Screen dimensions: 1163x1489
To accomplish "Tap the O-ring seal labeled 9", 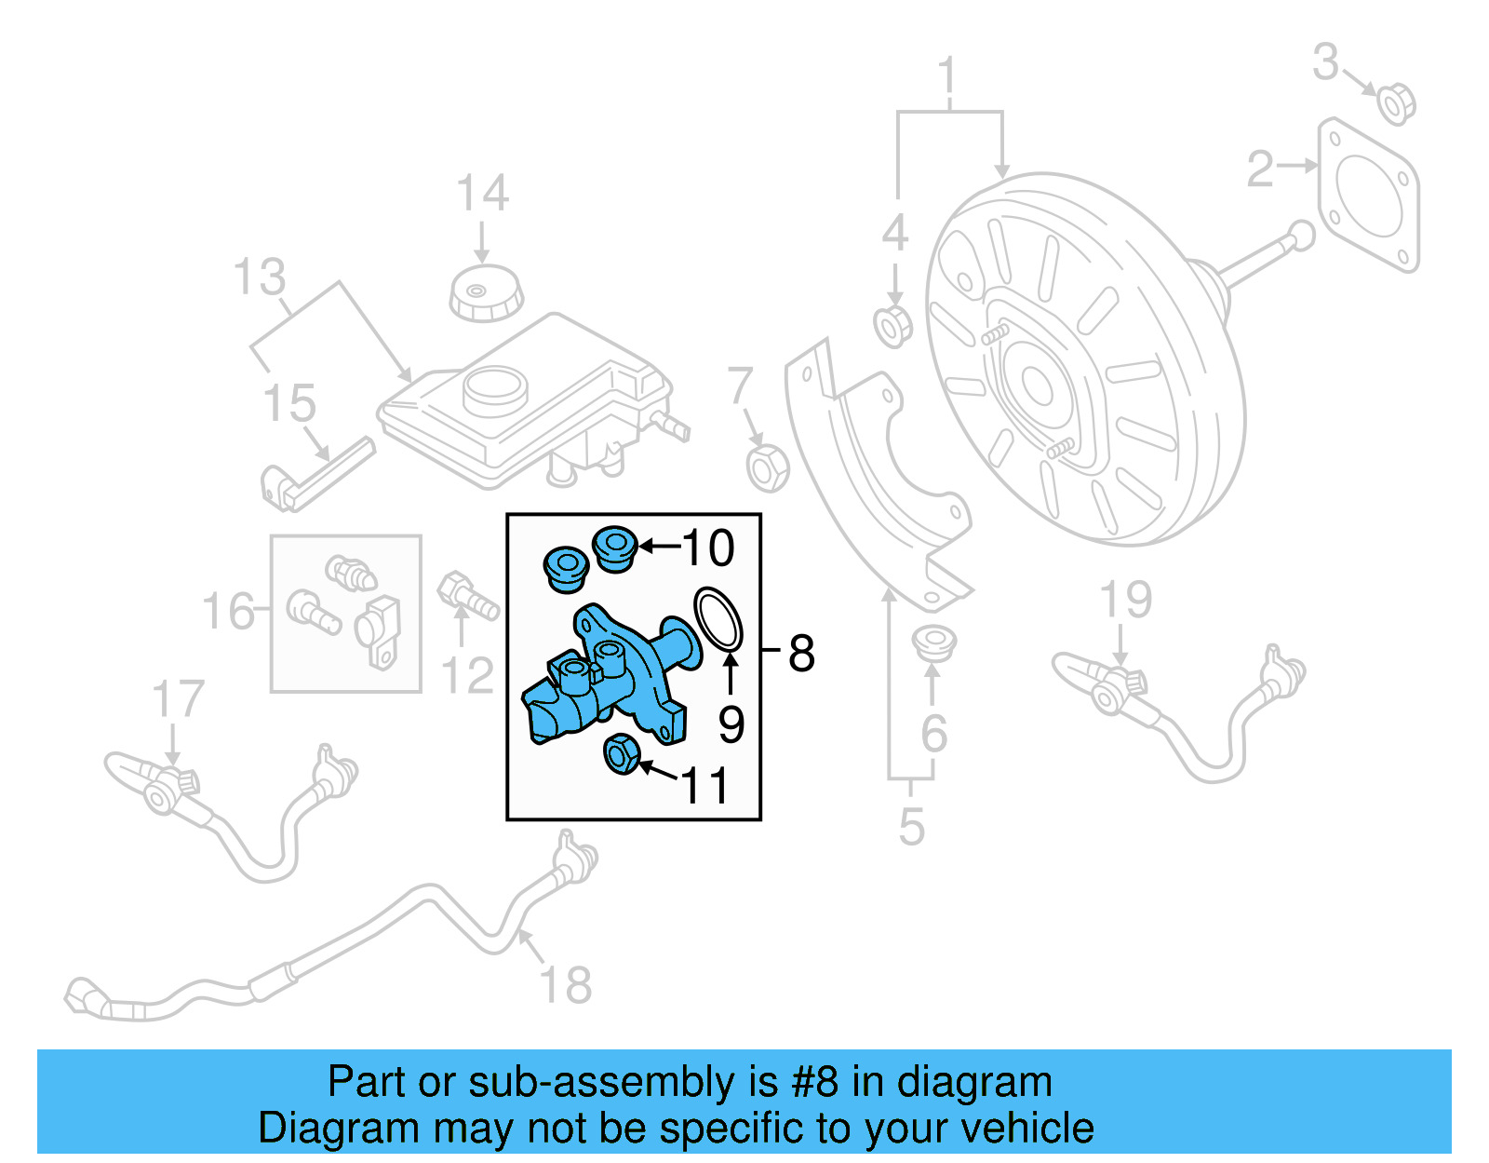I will coord(718,617).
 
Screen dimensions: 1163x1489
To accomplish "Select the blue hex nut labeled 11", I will coord(621,753).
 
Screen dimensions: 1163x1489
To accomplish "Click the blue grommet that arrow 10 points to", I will coord(614,548).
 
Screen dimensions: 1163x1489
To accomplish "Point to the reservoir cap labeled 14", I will coord(486,292).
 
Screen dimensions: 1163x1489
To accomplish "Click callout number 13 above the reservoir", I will coord(260,277).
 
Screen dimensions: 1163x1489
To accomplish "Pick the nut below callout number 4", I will coord(893,326).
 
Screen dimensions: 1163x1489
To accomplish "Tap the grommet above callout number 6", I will coord(932,643).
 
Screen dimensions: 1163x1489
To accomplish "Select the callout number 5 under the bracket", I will coord(911,827).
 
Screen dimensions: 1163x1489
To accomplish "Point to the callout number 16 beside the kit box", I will coord(228,612).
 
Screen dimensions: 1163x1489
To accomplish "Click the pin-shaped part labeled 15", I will coord(316,475).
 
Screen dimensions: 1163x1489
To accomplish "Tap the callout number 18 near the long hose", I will coord(565,985).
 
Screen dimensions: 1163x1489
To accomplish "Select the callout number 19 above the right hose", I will coord(1125,600).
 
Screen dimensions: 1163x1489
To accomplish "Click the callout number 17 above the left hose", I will coord(177,699).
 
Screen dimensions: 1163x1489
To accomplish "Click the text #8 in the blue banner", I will coord(814,1082).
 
